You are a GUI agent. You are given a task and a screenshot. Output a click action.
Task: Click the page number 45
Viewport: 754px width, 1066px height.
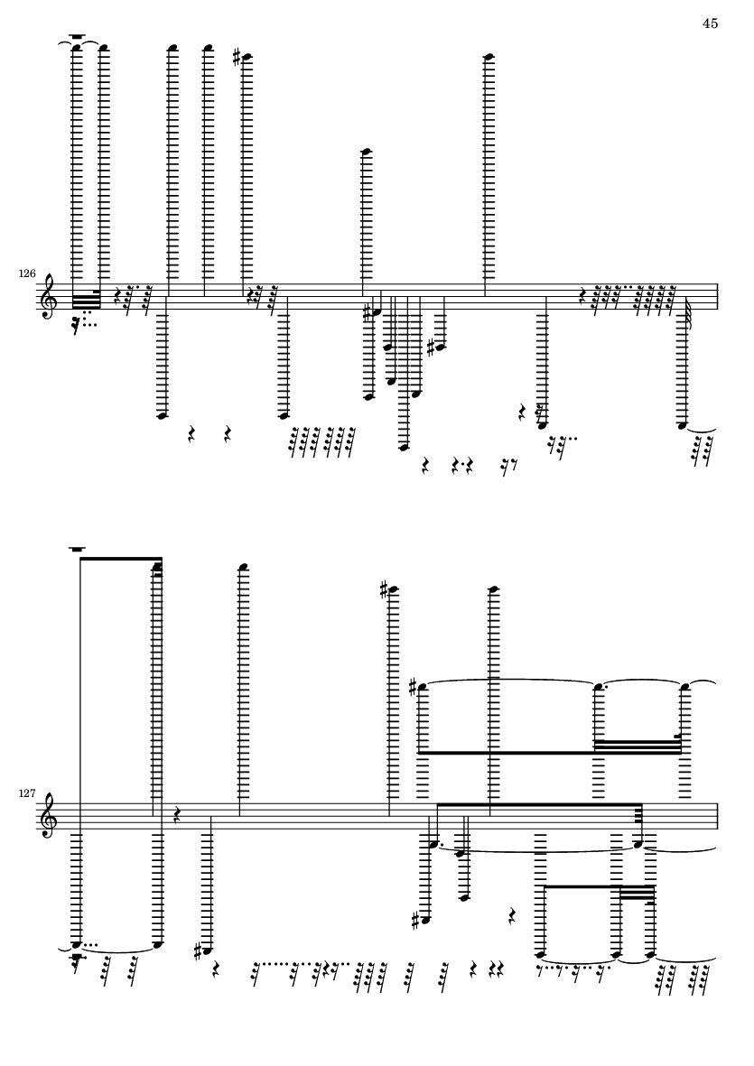coord(710,23)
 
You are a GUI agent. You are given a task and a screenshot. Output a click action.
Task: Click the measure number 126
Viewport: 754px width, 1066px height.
coord(27,274)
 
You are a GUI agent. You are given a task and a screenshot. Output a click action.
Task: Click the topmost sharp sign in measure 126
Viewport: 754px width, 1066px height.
coord(237,58)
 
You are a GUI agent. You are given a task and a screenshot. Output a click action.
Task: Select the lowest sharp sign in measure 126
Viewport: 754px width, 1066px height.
coord(431,348)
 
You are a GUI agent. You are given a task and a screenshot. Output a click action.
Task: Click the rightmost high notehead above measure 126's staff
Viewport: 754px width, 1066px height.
coord(489,57)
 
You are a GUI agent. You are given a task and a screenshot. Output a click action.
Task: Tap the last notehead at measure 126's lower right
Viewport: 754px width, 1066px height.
coord(683,425)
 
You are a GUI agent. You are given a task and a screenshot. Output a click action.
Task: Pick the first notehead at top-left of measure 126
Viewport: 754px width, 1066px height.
coord(77,48)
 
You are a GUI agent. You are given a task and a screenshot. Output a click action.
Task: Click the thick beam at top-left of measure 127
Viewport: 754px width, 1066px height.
coord(121,559)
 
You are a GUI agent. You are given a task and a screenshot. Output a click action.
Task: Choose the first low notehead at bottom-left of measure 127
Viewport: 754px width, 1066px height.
coord(77,943)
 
